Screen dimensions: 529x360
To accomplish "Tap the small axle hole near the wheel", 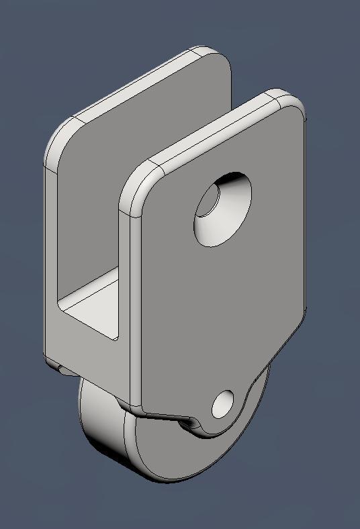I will coord(222,405).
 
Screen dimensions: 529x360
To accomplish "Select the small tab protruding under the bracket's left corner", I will coord(56,366).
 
